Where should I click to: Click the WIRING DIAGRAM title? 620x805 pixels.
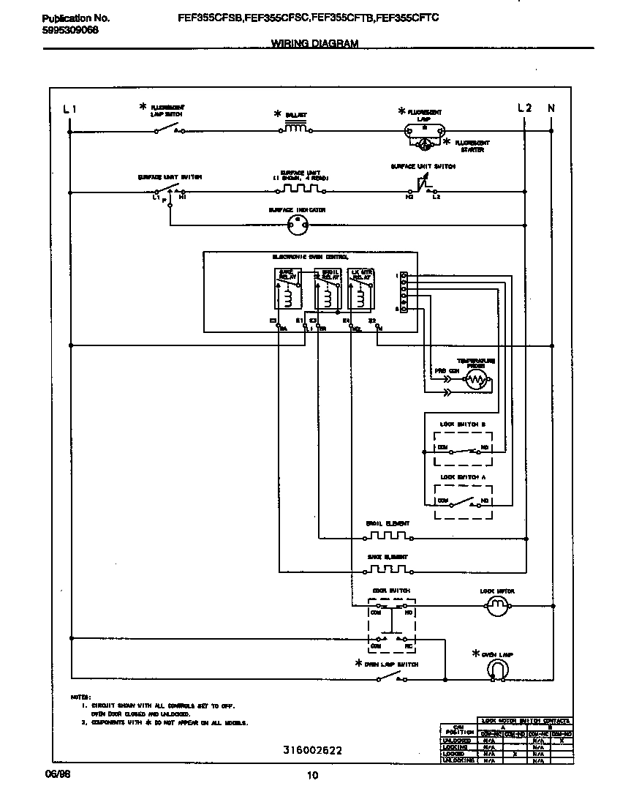pyautogui.click(x=314, y=43)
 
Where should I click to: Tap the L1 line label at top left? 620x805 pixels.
pyautogui.click(x=69, y=108)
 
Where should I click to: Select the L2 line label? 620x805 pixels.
pyautogui.click(x=524, y=108)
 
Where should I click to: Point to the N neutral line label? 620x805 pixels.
pyautogui.click(x=551, y=108)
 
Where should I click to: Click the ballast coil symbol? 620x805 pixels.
pyautogui.click(x=296, y=129)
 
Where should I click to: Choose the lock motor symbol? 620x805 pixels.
pyautogui.click(x=497, y=604)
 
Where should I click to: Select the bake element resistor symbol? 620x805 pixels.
pyautogui.click(x=387, y=569)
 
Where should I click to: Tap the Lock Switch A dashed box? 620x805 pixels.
pyautogui.click(x=463, y=502)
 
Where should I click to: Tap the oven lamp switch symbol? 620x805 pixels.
pyautogui.click(x=388, y=678)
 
